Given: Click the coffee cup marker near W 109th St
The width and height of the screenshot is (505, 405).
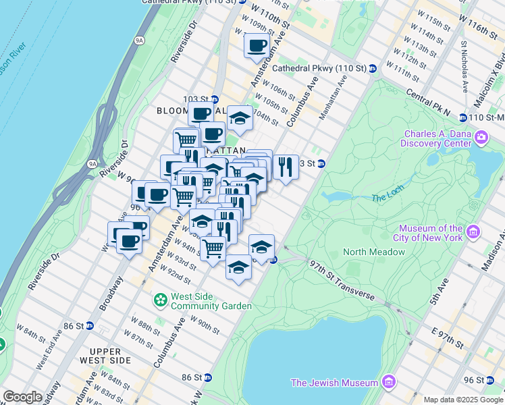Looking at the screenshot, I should click(x=256, y=46).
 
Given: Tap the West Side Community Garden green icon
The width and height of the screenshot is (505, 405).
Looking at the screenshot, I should click(x=161, y=298).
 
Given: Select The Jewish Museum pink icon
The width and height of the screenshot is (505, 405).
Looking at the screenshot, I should click(x=388, y=383).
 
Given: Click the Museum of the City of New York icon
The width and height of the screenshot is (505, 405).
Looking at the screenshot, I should click(x=473, y=233).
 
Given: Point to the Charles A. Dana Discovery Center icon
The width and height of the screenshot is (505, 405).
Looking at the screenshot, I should click(x=481, y=138).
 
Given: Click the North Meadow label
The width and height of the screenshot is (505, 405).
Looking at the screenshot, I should click(x=373, y=252).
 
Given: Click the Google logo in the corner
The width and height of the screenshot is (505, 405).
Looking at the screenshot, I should click(x=22, y=396).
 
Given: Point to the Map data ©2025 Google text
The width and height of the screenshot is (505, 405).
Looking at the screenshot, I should click(x=462, y=400).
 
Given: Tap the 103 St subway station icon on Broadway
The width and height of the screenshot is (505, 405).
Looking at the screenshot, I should click(x=215, y=99).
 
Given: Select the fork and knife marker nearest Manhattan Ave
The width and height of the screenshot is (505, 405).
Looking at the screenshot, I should click(x=286, y=165).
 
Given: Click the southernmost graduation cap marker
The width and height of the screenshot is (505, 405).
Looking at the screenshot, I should click(x=238, y=267).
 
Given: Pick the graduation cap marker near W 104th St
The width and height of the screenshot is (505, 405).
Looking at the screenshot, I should click(x=240, y=117).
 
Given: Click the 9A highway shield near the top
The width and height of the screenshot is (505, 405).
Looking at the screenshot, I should click(x=140, y=40).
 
